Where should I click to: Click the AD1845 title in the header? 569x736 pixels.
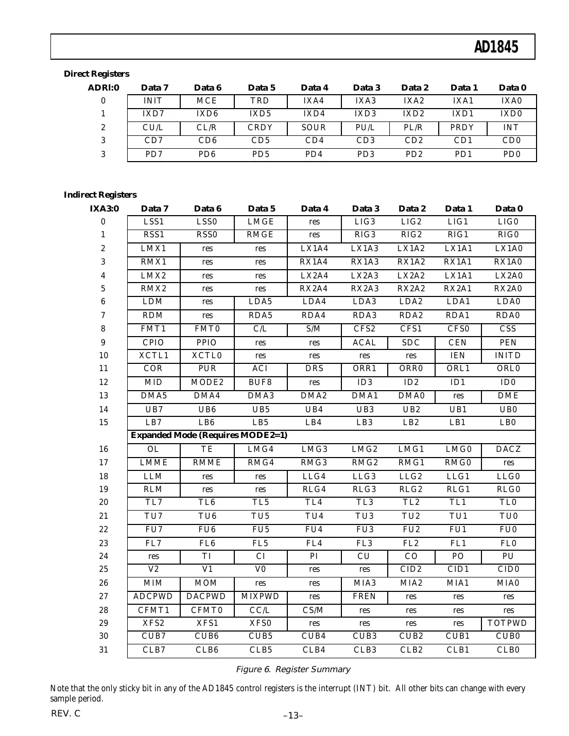[496, 47]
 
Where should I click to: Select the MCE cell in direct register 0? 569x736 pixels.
[207, 101]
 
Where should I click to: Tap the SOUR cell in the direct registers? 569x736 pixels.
[314, 128]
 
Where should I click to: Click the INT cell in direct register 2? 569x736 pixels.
[511, 128]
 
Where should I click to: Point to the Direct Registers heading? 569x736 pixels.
[96, 74]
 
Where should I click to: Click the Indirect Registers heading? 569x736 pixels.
[100, 195]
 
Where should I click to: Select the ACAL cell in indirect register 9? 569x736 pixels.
[364, 343]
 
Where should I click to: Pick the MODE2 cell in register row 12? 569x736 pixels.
[207, 382]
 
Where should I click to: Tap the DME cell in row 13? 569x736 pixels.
[508, 396]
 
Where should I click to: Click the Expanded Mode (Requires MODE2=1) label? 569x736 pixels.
[209, 435]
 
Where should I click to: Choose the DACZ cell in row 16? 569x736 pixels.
[508, 449]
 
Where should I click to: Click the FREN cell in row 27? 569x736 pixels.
[364, 597]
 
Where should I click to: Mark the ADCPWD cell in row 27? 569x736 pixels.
[153, 597]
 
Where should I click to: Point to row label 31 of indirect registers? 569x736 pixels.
[104, 650]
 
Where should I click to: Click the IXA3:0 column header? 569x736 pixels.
[104, 208]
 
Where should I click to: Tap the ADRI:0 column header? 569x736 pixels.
[103, 87]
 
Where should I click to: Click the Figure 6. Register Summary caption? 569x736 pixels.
[292, 669]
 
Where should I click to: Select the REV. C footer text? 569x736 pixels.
[65, 713]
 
